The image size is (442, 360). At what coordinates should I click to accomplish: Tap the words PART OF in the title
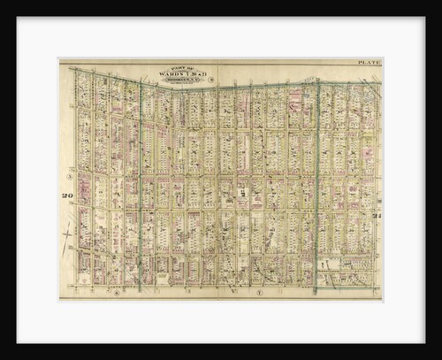point(174,68)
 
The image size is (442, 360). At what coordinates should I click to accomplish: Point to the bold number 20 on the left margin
point(66,195)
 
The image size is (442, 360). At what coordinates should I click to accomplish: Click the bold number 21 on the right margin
point(377,215)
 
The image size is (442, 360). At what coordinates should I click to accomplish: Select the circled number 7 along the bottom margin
point(259,292)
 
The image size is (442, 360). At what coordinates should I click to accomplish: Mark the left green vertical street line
point(139,186)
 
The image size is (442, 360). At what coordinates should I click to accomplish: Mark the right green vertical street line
point(316,186)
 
